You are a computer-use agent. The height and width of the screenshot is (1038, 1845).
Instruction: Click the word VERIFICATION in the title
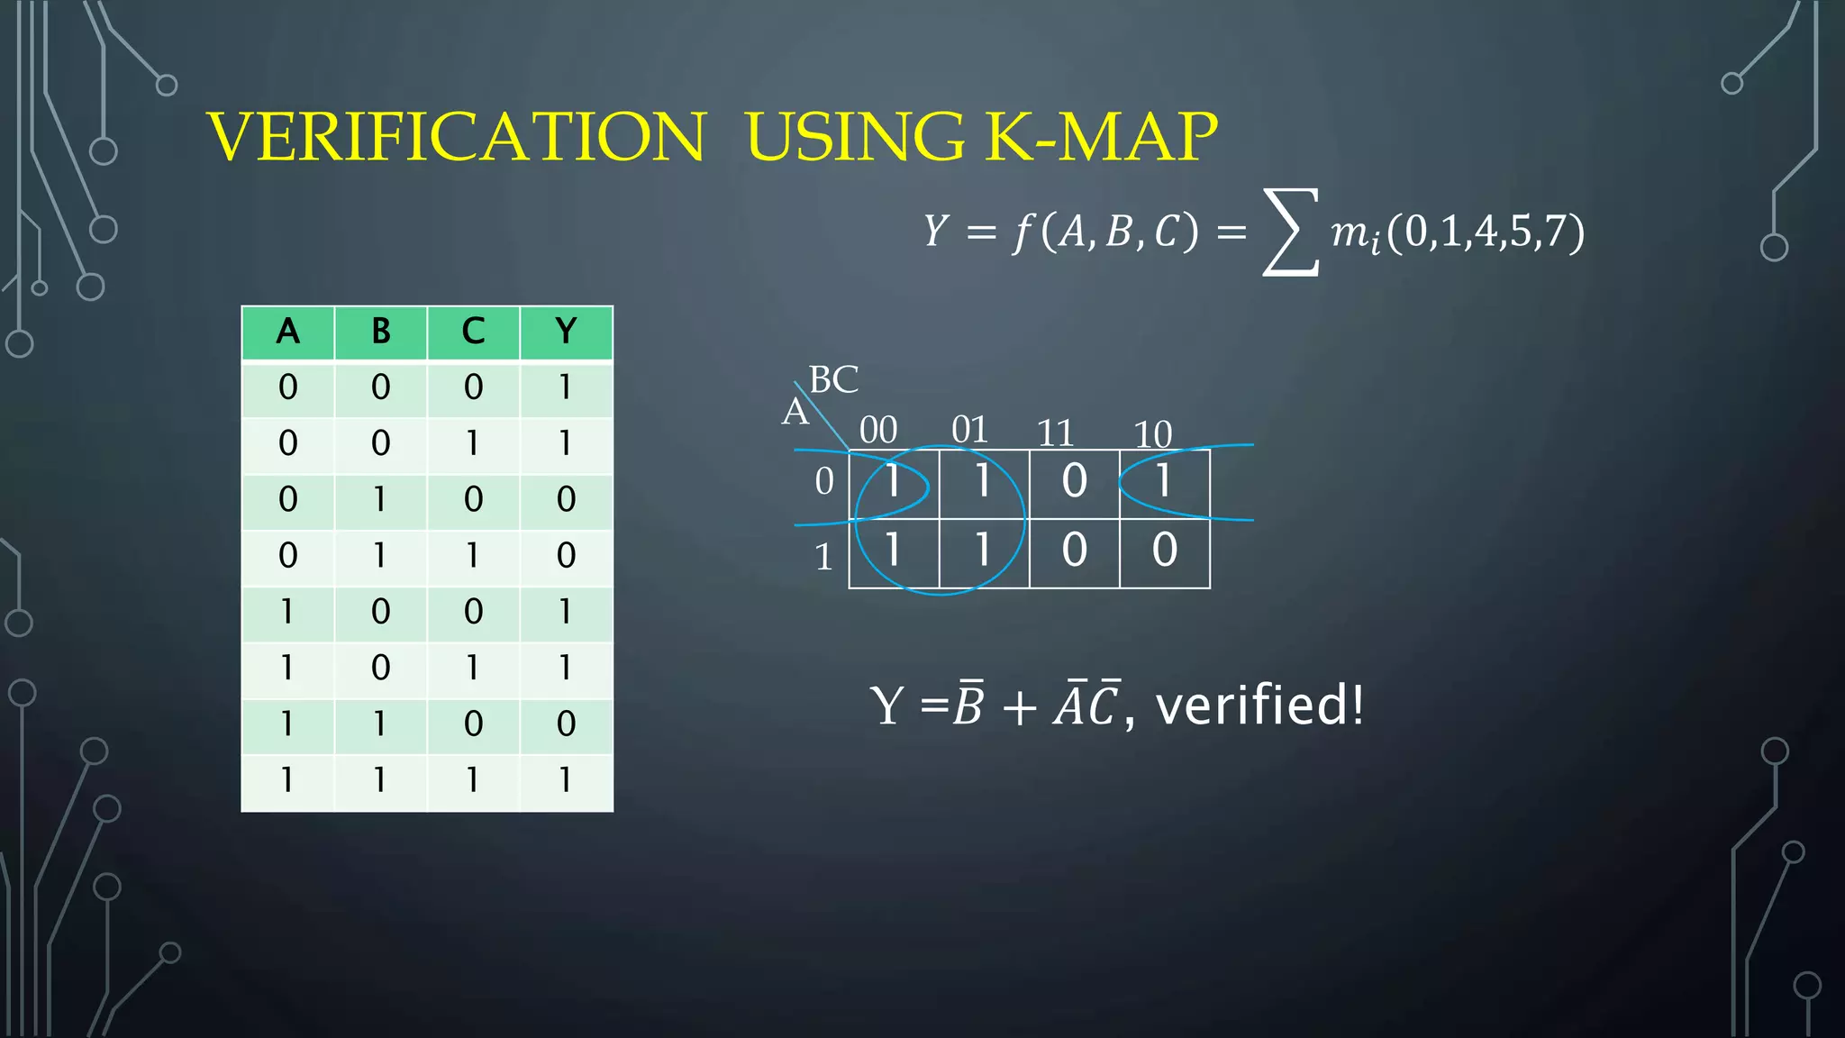pos(456,136)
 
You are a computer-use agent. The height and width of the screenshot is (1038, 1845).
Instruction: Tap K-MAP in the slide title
pos(1101,136)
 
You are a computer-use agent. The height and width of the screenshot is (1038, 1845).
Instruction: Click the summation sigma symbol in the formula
pos(1291,232)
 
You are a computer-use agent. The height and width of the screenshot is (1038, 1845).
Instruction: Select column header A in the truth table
pos(287,332)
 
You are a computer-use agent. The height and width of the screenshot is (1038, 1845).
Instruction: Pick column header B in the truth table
pos(381,332)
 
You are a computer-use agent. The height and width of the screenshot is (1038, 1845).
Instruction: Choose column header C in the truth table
pos(473,332)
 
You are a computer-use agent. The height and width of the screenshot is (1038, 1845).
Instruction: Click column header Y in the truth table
pos(566,332)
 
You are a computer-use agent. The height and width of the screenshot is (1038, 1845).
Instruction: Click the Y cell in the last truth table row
pos(565,779)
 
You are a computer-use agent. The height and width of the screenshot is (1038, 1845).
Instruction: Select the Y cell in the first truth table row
pos(565,387)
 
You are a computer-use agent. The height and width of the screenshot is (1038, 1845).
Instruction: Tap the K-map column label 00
pos(878,430)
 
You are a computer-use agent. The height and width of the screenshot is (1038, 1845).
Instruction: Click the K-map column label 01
pos(970,430)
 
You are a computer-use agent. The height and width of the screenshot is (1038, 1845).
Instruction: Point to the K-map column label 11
pos(1056,433)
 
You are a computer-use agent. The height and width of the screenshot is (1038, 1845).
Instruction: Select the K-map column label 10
pos(1153,434)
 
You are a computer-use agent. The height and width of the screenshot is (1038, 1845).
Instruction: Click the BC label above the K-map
pos(833,379)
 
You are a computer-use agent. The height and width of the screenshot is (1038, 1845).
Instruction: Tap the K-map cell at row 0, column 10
pos(1164,481)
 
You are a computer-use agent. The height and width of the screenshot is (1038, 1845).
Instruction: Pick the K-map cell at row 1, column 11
pos(1074,551)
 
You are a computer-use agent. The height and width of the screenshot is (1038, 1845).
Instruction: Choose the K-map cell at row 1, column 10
pos(1164,551)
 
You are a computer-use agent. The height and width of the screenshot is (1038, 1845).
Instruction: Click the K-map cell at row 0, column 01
pos(983,481)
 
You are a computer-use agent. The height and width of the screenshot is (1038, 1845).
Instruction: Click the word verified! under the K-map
pos(1259,705)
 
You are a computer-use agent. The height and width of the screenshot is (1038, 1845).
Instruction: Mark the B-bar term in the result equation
pos(968,705)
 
